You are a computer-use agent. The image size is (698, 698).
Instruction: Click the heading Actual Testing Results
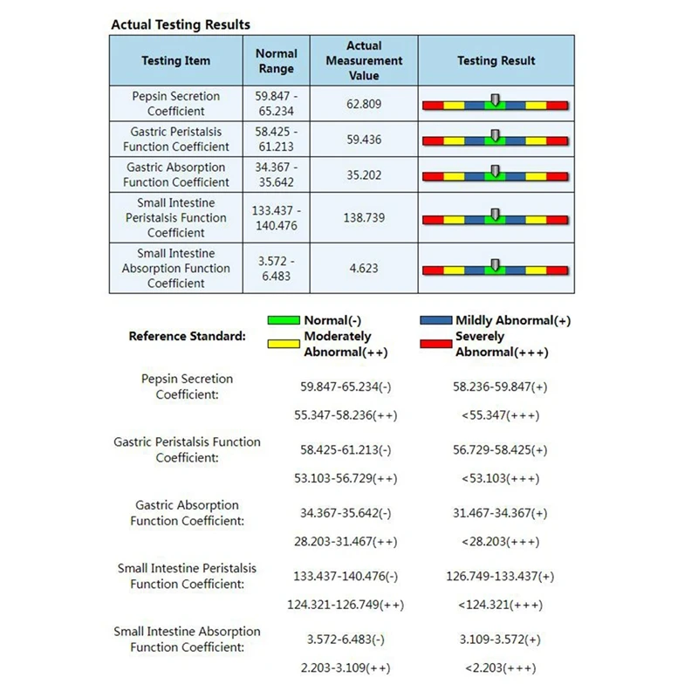[181, 24]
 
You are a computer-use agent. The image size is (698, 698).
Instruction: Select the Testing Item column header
[175, 61]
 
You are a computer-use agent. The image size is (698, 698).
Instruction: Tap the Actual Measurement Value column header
[364, 61]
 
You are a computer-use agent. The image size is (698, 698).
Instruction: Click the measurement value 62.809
[364, 104]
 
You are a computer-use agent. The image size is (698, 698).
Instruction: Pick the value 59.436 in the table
[364, 139]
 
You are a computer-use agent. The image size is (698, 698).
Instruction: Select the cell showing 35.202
[364, 174]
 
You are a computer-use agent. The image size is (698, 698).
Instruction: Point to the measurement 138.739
[364, 217]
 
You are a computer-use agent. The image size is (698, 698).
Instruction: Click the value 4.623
[364, 268]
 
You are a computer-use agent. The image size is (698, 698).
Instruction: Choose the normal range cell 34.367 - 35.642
[277, 174]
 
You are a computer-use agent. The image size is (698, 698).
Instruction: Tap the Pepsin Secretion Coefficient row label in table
[175, 104]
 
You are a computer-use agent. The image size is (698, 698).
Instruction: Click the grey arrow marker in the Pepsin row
[496, 100]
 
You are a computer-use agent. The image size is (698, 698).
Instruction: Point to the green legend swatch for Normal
[284, 320]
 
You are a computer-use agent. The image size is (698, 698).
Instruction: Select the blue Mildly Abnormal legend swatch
[435, 320]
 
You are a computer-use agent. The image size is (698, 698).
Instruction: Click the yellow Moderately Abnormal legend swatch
[284, 344]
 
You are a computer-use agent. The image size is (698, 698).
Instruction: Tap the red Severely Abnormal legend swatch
[435, 344]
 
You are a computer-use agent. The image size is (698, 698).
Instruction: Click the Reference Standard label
[187, 336]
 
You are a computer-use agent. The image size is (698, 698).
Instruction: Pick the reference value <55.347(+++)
[501, 415]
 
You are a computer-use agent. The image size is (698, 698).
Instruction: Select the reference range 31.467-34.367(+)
[501, 513]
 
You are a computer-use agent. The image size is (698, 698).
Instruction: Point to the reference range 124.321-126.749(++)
[346, 605]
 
